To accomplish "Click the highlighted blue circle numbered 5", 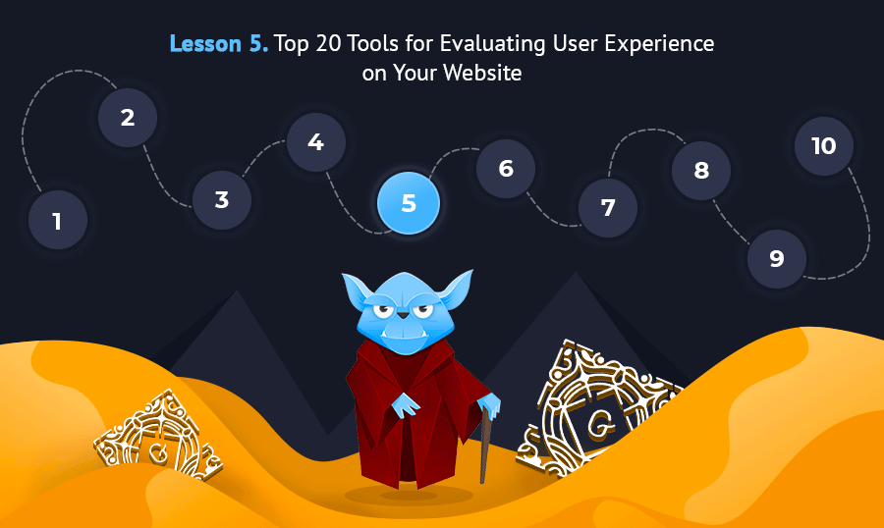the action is (x=409, y=203).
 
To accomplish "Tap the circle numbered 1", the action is (x=58, y=220).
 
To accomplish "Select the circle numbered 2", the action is (x=128, y=117).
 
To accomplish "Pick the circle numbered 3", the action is (x=222, y=199).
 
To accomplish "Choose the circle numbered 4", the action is (x=315, y=142).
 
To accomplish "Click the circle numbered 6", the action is (x=506, y=169).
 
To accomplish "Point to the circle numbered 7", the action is (x=608, y=207).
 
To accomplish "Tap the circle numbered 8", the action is (x=701, y=170).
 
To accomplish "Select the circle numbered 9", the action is (x=777, y=259).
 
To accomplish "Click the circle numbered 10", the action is (x=824, y=146).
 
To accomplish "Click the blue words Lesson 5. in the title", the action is (x=219, y=43).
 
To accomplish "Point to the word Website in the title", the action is (x=482, y=73).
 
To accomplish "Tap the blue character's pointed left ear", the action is (x=356, y=289).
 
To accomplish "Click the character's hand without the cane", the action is (x=406, y=405).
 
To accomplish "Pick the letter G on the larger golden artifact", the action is (x=600, y=424).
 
